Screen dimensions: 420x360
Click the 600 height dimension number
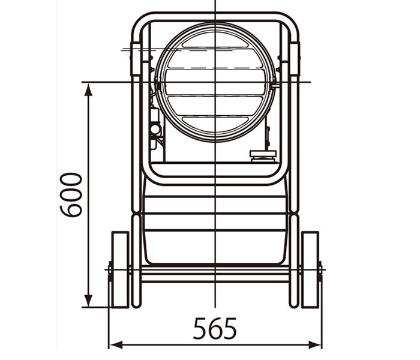pos(71,195)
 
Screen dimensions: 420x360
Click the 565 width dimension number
pos(215,328)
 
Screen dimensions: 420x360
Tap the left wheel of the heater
pos(120,270)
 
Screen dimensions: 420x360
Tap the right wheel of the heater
pos(310,270)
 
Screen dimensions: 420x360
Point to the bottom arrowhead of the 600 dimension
pos(88,301)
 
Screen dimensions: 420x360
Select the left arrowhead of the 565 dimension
pos(116,345)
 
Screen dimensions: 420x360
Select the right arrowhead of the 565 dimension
pos(314,345)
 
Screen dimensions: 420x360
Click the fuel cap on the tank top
pos(263,157)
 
